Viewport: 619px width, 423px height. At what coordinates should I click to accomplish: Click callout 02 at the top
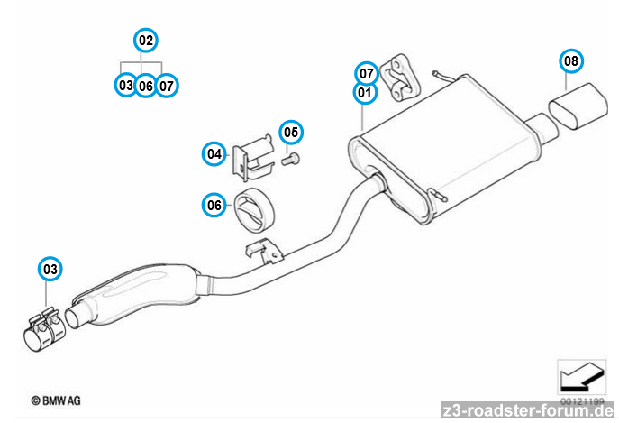145,40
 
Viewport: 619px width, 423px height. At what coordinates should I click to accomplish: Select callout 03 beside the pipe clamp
50,269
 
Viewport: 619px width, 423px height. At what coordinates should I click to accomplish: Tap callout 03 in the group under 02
125,85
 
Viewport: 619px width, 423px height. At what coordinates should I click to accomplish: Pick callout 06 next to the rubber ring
214,206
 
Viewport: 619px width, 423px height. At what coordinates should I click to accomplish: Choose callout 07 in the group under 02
167,85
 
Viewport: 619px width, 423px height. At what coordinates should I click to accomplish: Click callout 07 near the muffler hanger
366,73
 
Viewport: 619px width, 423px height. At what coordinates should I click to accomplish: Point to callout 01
364,91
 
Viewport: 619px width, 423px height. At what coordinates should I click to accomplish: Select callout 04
214,154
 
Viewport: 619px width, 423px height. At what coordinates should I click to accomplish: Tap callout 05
290,132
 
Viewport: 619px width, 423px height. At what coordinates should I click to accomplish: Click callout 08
569,60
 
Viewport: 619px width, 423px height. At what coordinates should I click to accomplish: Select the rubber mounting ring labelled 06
254,209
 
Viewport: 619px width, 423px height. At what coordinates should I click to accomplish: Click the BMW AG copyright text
56,398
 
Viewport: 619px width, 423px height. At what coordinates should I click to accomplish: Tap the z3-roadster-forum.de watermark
526,411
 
